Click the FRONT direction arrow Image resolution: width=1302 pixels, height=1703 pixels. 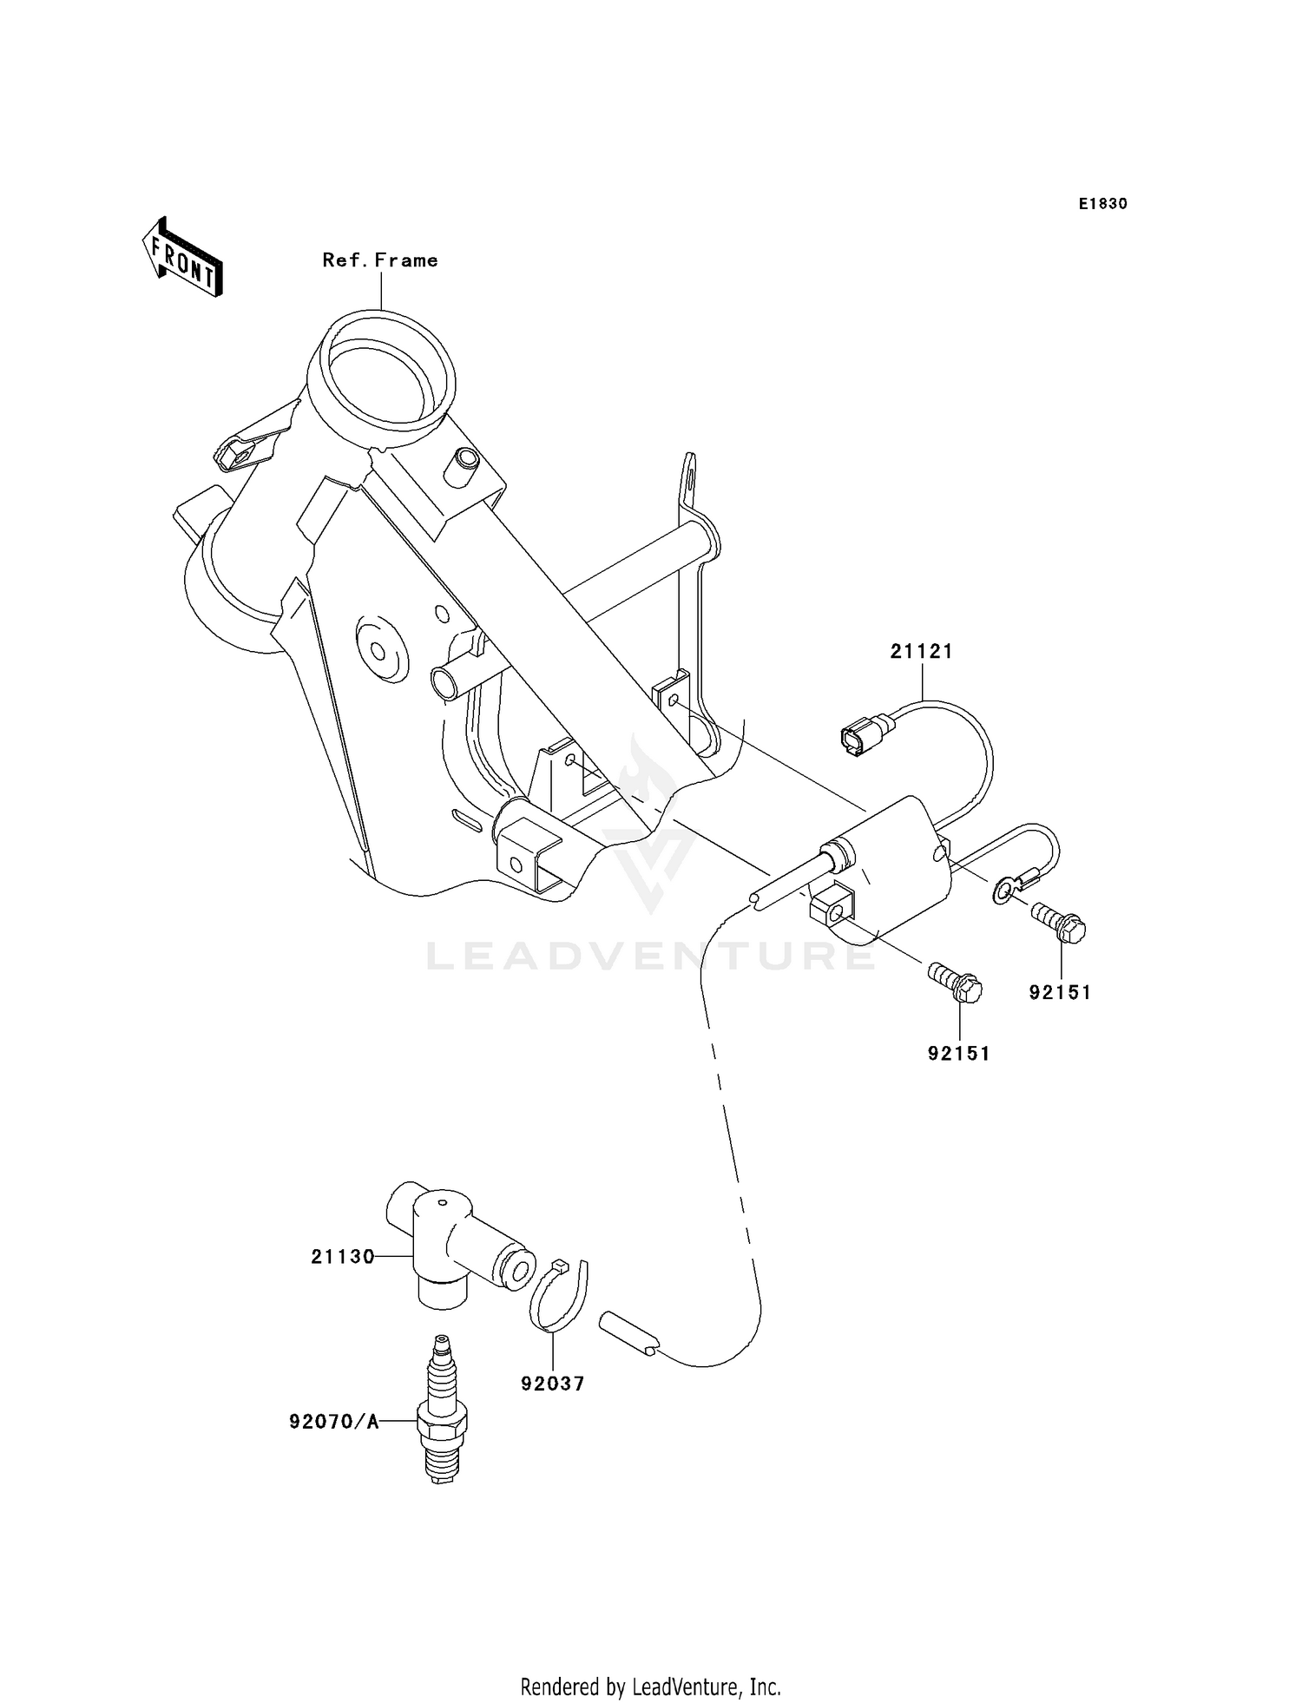click(x=182, y=257)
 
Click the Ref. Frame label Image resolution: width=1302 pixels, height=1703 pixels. click(x=380, y=260)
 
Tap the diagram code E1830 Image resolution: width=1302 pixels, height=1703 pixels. click(x=1102, y=204)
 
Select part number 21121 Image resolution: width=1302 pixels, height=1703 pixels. click(x=921, y=651)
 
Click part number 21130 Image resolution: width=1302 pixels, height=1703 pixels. click(x=343, y=1256)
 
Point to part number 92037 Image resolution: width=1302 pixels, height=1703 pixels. click(x=553, y=1384)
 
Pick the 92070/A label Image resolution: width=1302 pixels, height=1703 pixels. click(x=334, y=1422)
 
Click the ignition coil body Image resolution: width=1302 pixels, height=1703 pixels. click(x=894, y=859)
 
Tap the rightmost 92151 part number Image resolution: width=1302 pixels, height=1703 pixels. click(x=1060, y=992)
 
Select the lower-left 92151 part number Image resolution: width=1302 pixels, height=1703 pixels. click(x=958, y=1054)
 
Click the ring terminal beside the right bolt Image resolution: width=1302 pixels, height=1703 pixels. click(x=1004, y=891)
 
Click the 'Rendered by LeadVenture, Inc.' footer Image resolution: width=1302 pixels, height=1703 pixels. click(x=650, y=1687)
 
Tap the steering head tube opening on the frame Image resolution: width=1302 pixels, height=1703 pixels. click(x=382, y=378)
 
